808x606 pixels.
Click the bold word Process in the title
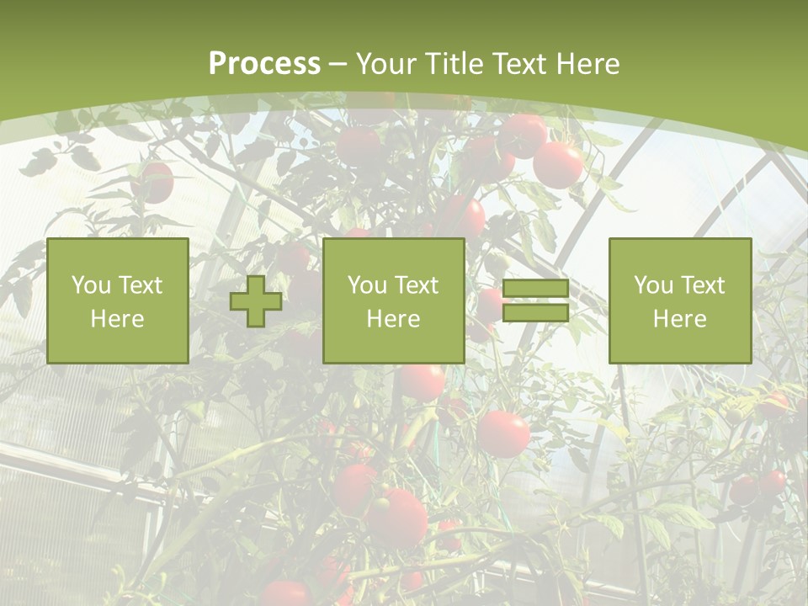pos(264,64)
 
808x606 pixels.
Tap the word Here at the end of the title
pos(587,64)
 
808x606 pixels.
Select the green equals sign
pos(535,300)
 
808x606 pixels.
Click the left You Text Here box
pos(118,300)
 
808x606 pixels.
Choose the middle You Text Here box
pos(393,300)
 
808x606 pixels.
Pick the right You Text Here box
pos(679,300)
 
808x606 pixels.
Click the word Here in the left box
pos(117,319)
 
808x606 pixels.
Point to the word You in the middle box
pos(367,285)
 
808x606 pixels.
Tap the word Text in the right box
pos(704,285)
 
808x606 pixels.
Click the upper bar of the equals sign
pos(535,289)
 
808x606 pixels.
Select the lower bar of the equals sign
pos(535,313)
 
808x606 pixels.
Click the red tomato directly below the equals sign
pos(503,433)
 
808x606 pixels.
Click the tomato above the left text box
pos(154,182)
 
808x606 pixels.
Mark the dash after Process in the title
pos(338,64)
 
